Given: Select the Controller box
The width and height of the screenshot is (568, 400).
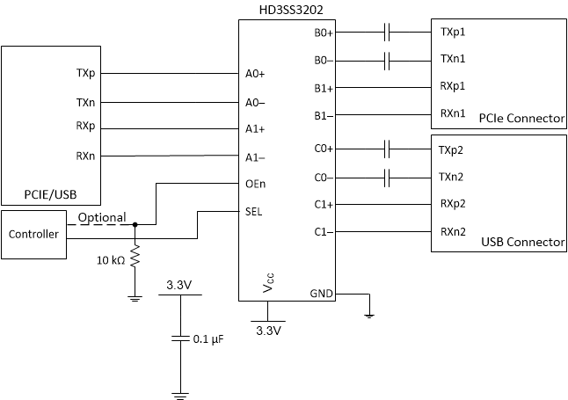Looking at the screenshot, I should click(33, 234).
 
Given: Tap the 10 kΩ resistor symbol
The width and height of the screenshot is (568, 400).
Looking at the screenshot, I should click(135, 259).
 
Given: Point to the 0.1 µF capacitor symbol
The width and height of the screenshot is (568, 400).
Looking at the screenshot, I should click(179, 338).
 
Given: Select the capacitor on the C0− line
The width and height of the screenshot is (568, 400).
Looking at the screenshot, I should click(387, 178).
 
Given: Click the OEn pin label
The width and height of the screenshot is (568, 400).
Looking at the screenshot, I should click(256, 184).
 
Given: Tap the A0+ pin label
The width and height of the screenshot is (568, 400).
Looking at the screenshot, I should click(255, 75).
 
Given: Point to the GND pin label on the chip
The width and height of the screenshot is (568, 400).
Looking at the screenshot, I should click(321, 294).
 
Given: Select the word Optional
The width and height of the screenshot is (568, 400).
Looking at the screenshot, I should click(102, 217).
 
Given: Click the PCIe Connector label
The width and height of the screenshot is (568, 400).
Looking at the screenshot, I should click(521, 119).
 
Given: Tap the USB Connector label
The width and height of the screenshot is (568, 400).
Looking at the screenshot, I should click(522, 242).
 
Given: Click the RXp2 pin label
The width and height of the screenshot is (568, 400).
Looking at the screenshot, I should click(452, 204).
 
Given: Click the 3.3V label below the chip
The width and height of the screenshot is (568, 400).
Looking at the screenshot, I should click(267, 331).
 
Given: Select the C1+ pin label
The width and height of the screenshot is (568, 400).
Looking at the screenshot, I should click(323, 204).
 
